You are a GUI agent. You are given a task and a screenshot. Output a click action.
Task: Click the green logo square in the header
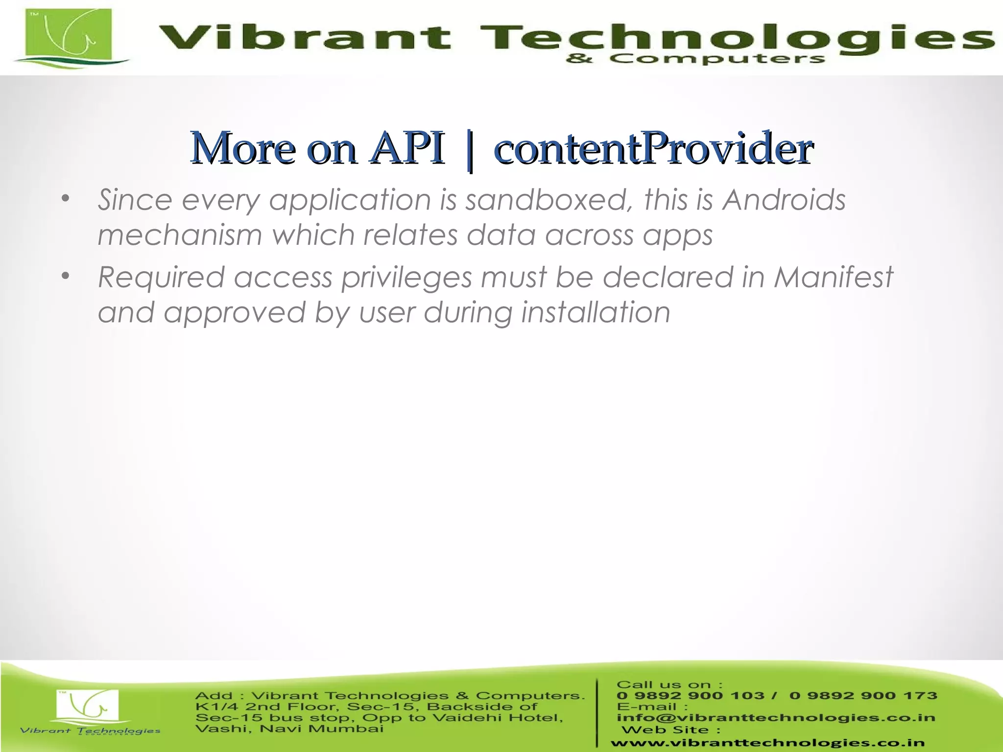(69, 34)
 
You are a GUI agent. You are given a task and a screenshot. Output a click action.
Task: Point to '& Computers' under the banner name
(695, 59)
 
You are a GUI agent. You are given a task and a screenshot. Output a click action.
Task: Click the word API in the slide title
(407, 148)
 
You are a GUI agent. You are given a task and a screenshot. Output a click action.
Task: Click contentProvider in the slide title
(654, 148)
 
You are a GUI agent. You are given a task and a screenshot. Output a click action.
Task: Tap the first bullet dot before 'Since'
(66, 199)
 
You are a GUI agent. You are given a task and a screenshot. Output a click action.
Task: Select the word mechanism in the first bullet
(180, 235)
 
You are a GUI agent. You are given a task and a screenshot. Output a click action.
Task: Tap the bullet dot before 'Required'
(66, 277)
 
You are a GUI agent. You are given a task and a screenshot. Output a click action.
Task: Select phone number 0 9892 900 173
(863, 696)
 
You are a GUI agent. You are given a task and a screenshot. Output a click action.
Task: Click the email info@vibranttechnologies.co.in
(776, 718)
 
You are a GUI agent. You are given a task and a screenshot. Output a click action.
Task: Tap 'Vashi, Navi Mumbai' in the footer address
(289, 729)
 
